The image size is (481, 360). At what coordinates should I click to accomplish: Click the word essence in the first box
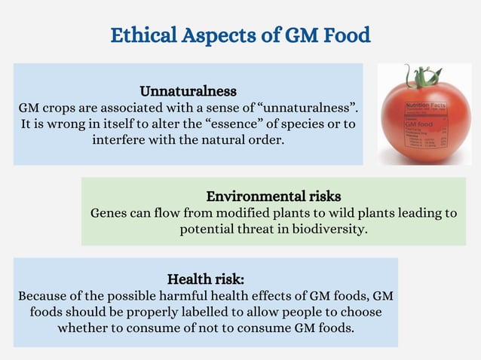[236, 124]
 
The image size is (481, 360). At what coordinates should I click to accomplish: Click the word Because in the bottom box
[44, 294]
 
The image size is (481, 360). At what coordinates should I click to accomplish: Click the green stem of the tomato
[414, 77]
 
